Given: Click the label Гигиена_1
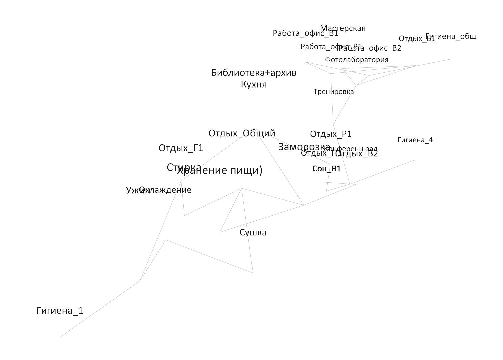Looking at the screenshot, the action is (60, 311).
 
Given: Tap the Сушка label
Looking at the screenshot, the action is (253, 232).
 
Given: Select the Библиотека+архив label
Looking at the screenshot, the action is (254, 73).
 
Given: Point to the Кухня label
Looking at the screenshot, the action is (254, 84).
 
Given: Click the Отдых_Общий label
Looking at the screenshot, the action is (242, 133).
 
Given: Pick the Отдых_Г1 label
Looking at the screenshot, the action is (181, 148).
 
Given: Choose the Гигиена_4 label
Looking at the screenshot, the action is (415, 140).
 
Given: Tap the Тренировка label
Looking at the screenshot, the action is (333, 92).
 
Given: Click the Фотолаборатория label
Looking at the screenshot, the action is (357, 60).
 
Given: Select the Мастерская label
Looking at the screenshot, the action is (343, 28).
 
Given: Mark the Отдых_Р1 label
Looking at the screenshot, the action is (331, 134).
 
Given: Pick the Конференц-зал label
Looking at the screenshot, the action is (354, 148).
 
